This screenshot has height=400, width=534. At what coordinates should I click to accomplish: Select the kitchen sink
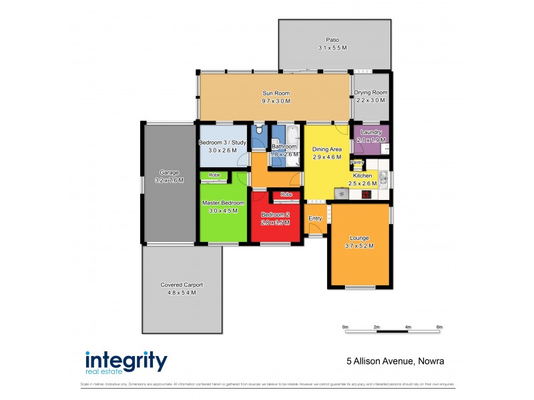pos(384,178)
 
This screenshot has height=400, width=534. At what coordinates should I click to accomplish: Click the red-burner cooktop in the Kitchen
pos(366,195)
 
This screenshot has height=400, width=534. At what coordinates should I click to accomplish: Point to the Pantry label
pos(358,162)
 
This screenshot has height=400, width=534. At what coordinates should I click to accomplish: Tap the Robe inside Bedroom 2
pos(286,195)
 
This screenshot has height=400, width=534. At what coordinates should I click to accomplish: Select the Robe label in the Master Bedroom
pos(214,175)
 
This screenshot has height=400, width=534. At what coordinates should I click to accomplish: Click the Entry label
pos(315,219)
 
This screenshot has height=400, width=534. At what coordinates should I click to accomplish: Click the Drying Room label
pos(370,93)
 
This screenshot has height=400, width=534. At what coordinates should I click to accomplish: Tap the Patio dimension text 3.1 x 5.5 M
pos(333,48)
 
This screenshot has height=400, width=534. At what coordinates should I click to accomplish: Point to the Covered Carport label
pos(181,285)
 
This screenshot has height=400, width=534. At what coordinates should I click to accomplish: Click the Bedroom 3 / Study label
pos(222,143)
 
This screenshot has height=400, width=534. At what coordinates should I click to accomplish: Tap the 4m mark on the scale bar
pos(408,327)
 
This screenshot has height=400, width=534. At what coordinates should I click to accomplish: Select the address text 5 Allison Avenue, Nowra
pos(395,361)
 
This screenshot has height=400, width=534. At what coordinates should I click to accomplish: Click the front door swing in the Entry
pos(314,230)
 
